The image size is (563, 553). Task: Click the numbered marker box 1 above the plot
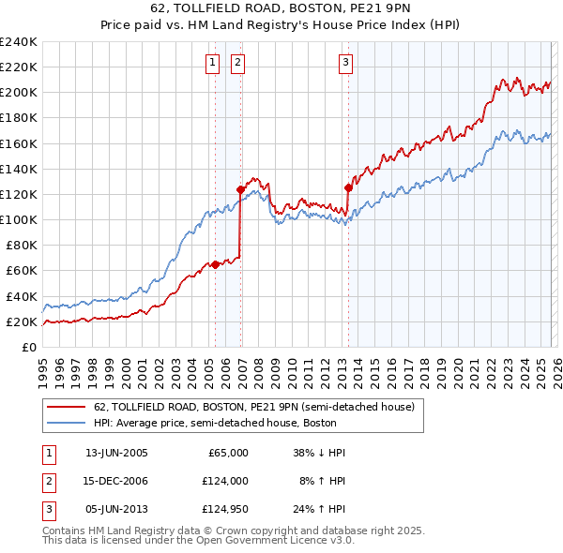point(212,63)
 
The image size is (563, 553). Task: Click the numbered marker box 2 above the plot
point(237,63)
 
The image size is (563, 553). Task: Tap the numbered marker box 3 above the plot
point(345,63)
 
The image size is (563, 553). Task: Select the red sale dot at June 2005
point(215,264)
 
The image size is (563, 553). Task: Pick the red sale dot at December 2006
point(240,189)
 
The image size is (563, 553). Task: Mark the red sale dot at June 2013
point(348,187)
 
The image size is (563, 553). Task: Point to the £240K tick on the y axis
point(19,42)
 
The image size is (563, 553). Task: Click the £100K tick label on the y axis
point(19,219)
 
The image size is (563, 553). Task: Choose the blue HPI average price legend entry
point(225,423)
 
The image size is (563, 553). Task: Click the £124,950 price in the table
point(224,509)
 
